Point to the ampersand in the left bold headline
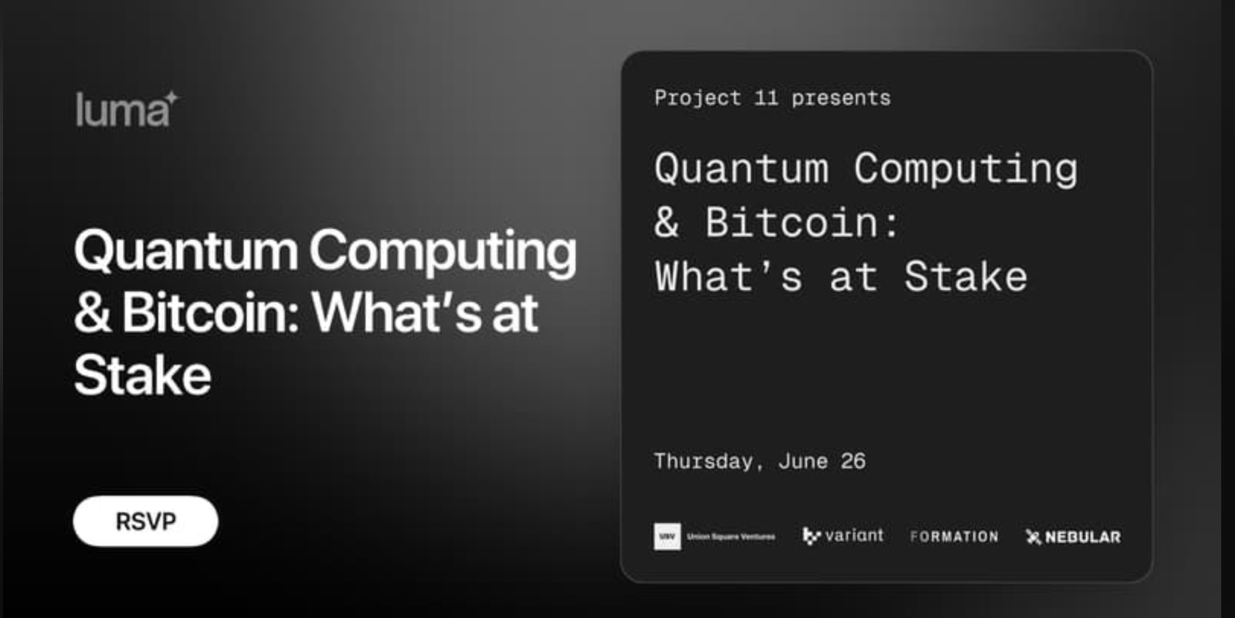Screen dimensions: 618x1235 (x=92, y=313)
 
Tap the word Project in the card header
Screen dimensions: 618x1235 (x=697, y=98)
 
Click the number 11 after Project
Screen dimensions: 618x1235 (x=766, y=98)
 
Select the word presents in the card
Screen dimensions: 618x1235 (x=841, y=98)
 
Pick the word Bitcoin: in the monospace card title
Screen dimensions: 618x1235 (x=801, y=223)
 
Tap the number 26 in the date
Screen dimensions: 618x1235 (x=853, y=461)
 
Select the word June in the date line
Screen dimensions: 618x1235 (x=803, y=461)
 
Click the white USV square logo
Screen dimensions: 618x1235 (x=667, y=536)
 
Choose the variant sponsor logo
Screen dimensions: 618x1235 (x=843, y=535)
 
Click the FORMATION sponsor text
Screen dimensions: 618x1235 (x=954, y=536)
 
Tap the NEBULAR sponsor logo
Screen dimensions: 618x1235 (x=1073, y=537)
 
